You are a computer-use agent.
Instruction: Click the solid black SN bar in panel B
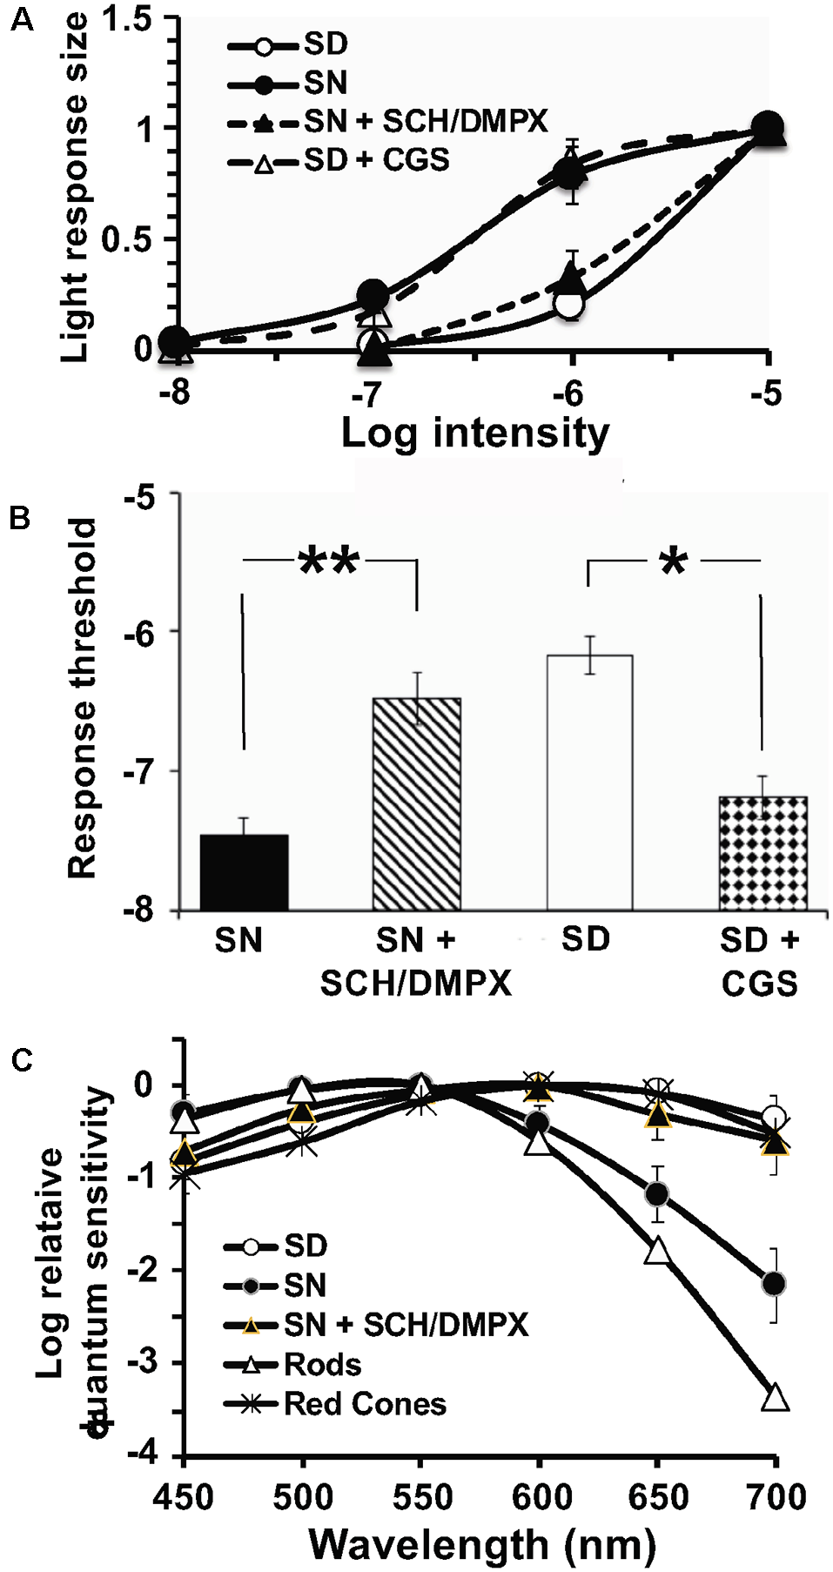(x=244, y=872)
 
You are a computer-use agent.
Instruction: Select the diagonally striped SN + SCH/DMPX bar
(x=416, y=804)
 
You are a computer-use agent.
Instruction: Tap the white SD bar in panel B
(x=589, y=783)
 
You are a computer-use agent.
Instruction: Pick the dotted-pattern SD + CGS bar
(x=762, y=853)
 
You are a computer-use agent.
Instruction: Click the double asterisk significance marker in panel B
(x=328, y=561)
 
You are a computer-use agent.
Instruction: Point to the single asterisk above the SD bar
(x=674, y=562)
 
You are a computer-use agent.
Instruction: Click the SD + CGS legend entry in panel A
(x=339, y=160)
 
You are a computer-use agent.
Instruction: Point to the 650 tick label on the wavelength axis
(x=657, y=1497)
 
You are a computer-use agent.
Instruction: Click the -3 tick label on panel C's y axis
(x=139, y=1362)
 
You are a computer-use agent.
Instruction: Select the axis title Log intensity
(x=474, y=433)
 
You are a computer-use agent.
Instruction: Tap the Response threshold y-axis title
(x=82, y=698)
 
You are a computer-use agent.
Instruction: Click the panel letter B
(x=19, y=518)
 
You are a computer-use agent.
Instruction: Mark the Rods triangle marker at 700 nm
(x=776, y=1398)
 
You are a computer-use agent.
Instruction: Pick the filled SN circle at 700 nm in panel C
(x=773, y=1283)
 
